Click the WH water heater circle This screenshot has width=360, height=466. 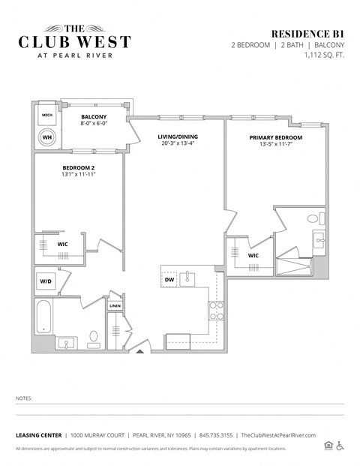tap(46, 138)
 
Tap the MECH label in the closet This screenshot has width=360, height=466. tap(46, 116)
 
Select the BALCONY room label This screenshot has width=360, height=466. tap(94, 116)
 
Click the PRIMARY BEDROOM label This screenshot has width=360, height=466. tap(275, 138)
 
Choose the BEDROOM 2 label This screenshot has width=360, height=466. tap(79, 167)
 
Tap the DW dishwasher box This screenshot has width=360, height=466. tap(169, 280)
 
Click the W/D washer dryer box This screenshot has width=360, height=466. tap(46, 281)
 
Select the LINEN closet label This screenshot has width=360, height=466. tap(115, 306)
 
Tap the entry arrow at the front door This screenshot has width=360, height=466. tap(139, 350)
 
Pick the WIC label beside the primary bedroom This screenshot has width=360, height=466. tap(253, 255)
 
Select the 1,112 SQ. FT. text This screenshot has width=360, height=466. tap(323, 55)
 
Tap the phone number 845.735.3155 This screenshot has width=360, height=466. tap(215, 435)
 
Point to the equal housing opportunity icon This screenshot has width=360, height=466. tap(328, 446)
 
